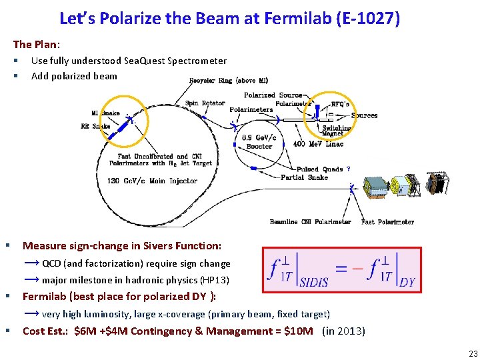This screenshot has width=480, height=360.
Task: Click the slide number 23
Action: (473, 354)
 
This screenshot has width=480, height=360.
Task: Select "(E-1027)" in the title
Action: (369, 18)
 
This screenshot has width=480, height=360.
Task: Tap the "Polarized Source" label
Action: (272, 95)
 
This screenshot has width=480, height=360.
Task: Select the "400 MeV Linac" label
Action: (318, 145)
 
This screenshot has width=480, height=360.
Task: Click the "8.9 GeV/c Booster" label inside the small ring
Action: (259, 142)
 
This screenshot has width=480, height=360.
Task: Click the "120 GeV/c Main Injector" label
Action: (154, 181)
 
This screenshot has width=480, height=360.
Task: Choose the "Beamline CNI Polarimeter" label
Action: (310, 222)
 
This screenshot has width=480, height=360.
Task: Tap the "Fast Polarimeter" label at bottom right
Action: (387, 222)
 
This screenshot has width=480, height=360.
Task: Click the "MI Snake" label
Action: (105, 113)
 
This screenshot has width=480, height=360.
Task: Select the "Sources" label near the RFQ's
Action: (364, 115)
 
